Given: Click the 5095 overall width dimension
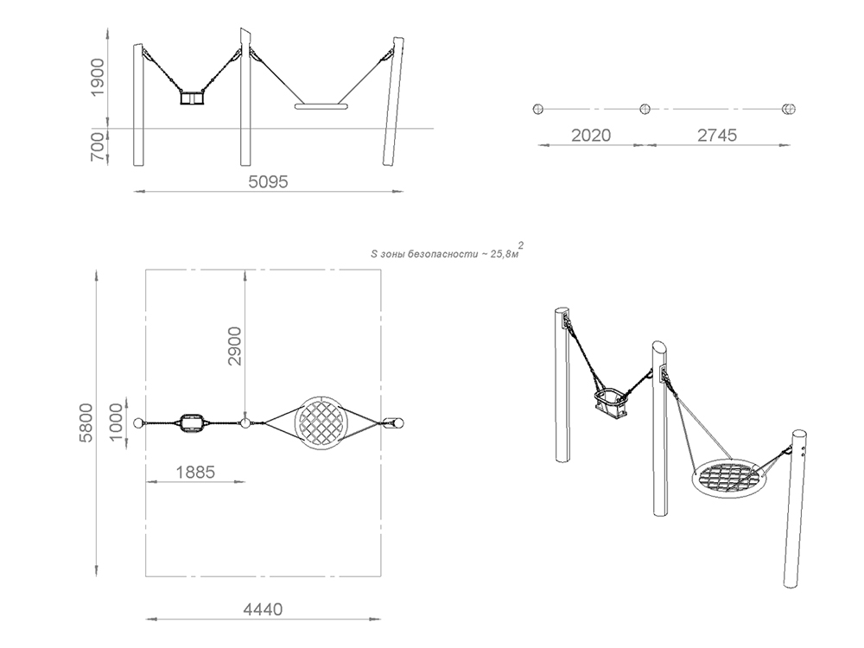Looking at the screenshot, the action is point(269,181).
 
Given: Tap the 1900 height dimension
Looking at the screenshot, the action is point(97,77).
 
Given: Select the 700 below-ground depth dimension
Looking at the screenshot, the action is point(97,147).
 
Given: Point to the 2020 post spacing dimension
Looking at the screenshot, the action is point(591,135).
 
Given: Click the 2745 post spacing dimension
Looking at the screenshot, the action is point(717,135).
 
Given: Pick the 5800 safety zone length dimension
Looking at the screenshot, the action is point(86,422).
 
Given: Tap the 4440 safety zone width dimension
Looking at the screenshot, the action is point(263,609).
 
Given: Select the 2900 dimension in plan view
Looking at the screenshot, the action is point(235,346).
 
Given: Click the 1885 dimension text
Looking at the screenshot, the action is point(195,473).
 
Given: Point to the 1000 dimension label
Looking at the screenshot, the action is point(116,422).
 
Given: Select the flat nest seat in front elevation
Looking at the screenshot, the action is point(321,106).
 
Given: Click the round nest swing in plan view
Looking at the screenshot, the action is point(321,422).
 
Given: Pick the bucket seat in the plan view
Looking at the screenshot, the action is point(192,422).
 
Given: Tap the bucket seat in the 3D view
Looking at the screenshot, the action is point(611,403).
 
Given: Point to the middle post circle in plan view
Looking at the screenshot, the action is point(245,422).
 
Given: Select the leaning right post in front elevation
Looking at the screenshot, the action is point(393,101).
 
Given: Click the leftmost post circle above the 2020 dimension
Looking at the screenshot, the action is point(538,109).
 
